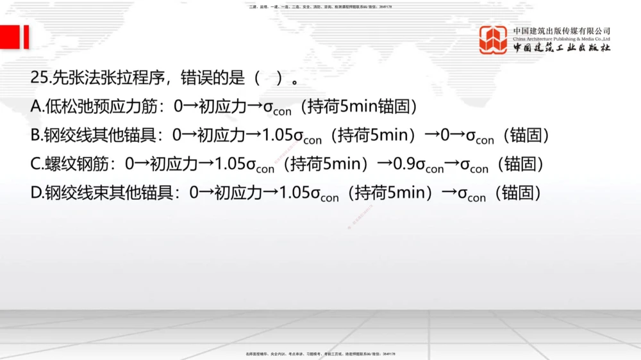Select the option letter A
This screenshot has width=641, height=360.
point(37,106)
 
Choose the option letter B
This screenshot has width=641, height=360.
point(37,135)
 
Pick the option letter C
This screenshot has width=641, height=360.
point(37,164)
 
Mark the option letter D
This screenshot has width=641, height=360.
point(37,192)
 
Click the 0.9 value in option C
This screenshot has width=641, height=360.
point(404,164)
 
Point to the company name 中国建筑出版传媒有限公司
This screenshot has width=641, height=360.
point(562,30)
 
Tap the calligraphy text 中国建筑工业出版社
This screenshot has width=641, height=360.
point(562,49)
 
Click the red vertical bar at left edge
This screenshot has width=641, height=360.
point(26,37)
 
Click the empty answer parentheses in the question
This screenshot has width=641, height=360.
point(269,78)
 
